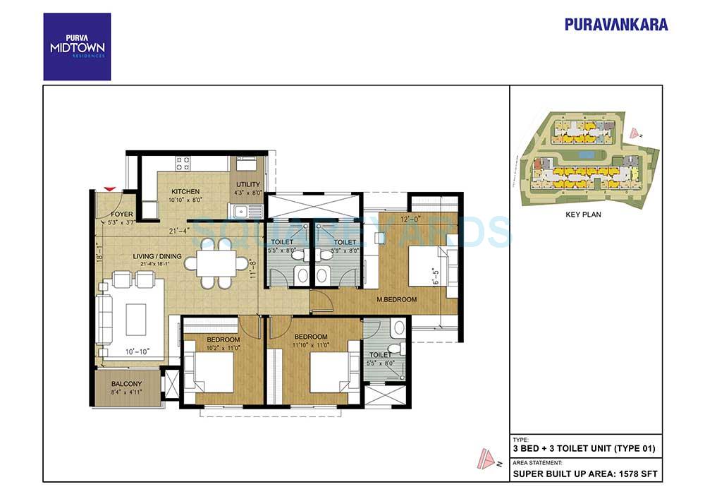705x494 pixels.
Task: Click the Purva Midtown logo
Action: point(77,47)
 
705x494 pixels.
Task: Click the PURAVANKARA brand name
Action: point(616,24)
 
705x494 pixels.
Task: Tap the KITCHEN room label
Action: point(185,191)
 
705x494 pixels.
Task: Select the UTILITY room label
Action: point(248,185)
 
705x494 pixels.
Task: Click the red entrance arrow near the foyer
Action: point(109,188)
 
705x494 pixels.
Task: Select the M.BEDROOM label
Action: point(396,299)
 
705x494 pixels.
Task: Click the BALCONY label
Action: point(126,385)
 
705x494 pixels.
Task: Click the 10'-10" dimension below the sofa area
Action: point(136,351)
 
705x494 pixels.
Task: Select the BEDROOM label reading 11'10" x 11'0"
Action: point(310,337)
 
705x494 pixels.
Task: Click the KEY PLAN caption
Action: point(584,214)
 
